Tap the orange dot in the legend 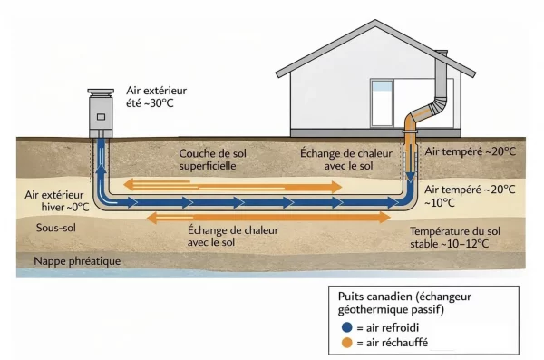348,343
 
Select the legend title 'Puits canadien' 374,297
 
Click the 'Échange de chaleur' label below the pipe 210,237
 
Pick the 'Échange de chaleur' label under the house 344,160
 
